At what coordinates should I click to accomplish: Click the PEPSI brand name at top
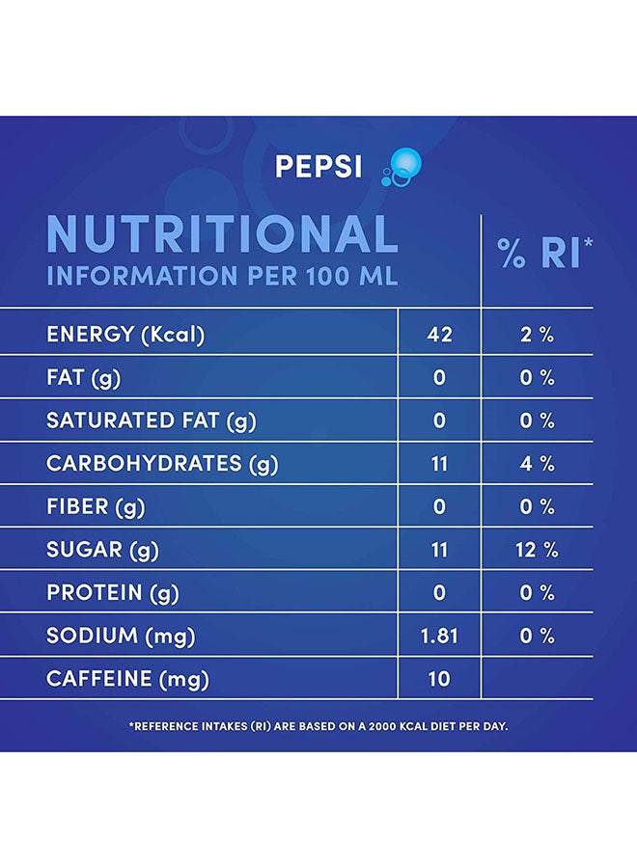click(318, 166)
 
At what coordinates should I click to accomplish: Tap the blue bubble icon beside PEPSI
click(402, 167)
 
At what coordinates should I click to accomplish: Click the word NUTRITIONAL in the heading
click(223, 233)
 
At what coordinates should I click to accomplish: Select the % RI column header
click(544, 253)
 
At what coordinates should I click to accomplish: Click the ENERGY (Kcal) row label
click(125, 335)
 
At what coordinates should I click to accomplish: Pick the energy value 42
click(440, 335)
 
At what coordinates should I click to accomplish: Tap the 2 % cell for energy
click(537, 335)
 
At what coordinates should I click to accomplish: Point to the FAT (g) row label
click(84, 377)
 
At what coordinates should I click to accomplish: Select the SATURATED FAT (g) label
click(152, 420)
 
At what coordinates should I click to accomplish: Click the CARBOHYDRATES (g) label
click(162, 464)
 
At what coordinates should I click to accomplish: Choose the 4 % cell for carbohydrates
click(537, 463)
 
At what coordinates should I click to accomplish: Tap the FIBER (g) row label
click(96, 507)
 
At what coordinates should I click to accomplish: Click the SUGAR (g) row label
click(102, 550)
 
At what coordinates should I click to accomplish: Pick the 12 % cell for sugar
click(537, 550)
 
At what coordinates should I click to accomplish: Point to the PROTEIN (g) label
click(113, 593)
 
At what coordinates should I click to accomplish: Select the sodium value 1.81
click(439, 637)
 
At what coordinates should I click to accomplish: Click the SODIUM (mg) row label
click(121, 637)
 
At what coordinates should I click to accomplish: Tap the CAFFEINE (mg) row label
click(128, 679)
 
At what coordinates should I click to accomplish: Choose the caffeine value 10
click(439, 679)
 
